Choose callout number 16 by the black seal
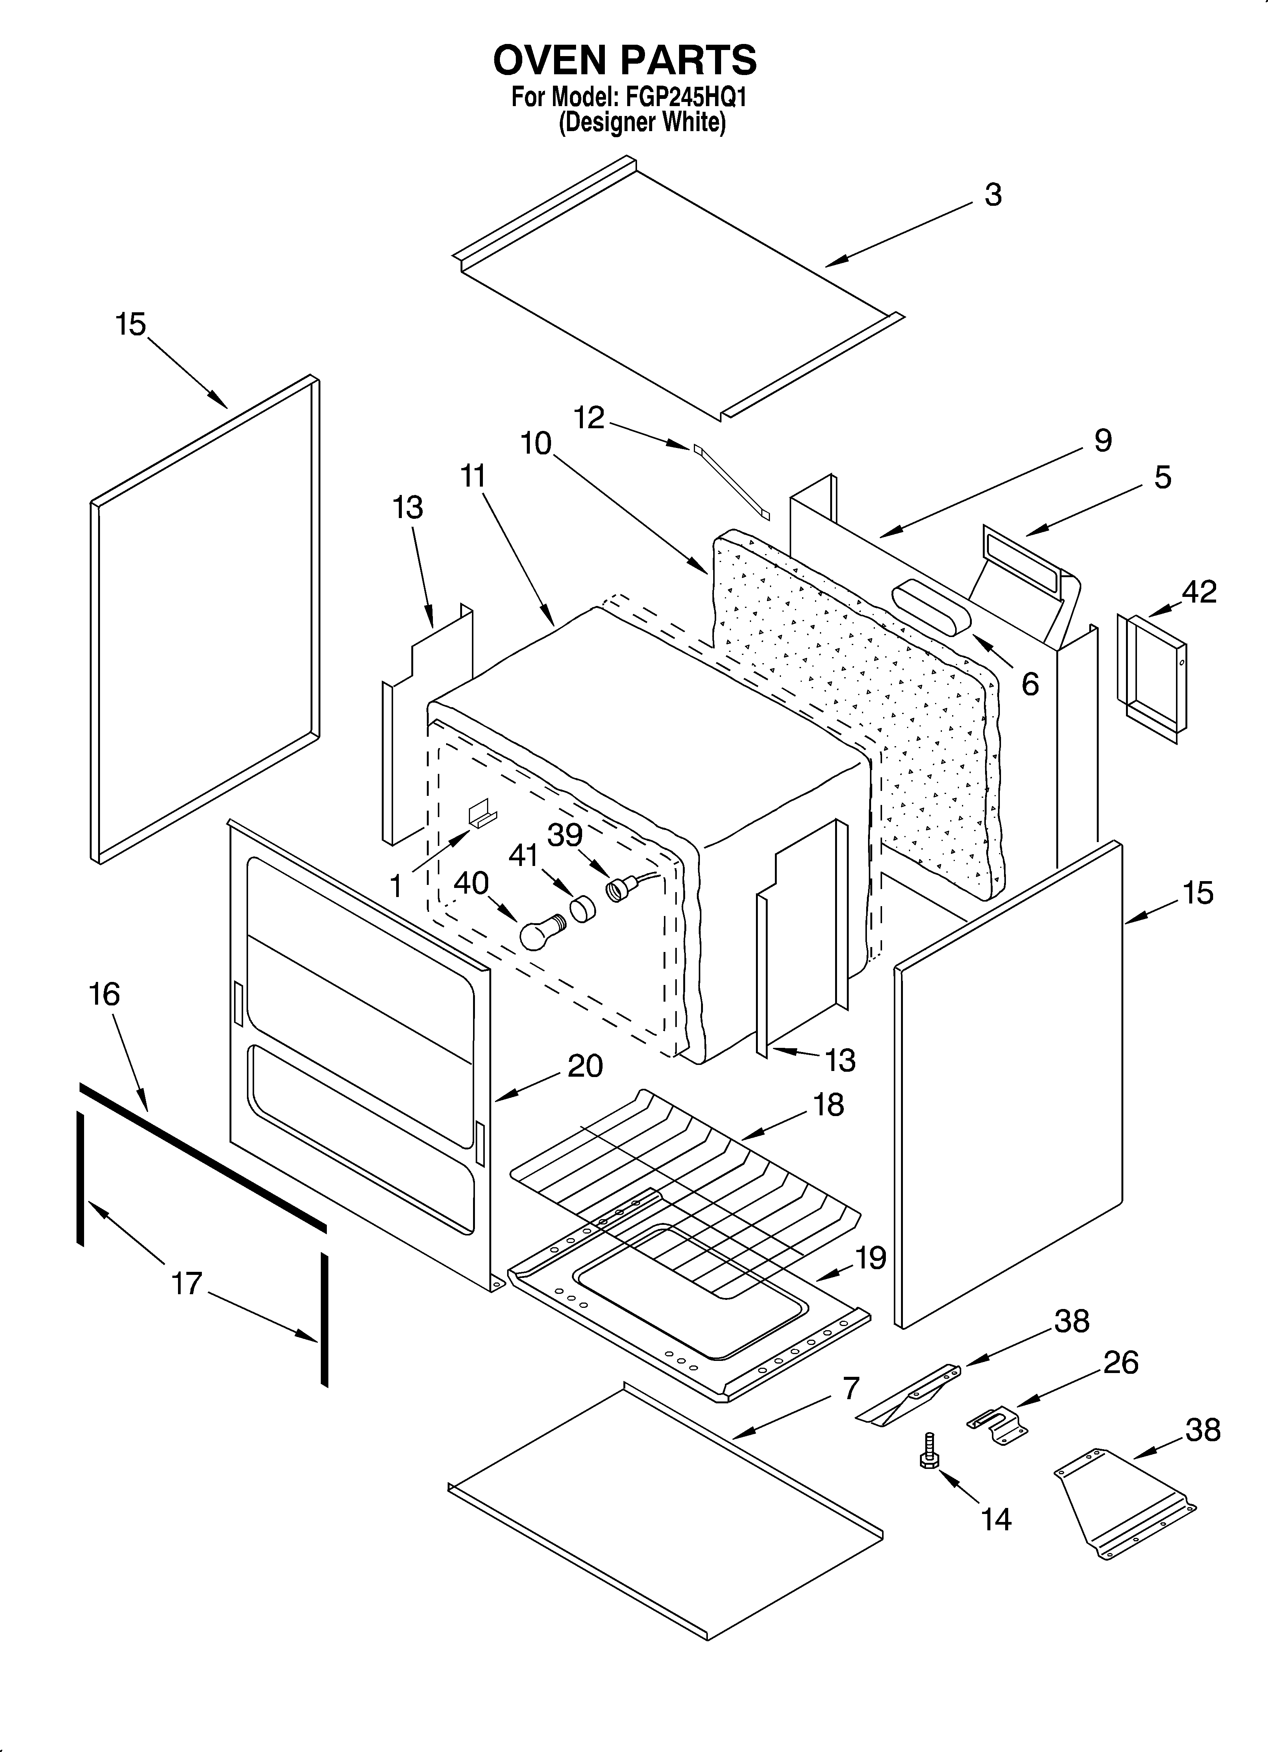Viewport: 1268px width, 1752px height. [105, 994]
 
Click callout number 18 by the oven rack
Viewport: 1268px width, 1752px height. [829, 1105]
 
